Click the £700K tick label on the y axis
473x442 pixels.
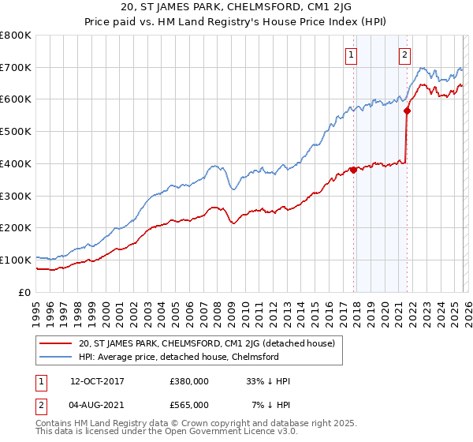pyautogui.click(x=16, y=67)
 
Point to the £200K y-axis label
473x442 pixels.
pyautogui.click(x=16, y=227)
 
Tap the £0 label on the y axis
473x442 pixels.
pyautogui.click(x=25, y=292)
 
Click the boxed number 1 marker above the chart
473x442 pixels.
pyautogui.click(x=350, y=54)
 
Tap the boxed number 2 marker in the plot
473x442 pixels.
pyautogui.click(x=404, y=54)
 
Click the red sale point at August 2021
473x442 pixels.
pyautogui.click(x=407, y=111)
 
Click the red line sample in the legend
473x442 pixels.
pyautogui.click(x=56, y=343)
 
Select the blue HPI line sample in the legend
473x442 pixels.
pyautogui.click(x=56, y=357)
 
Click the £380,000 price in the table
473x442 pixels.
pyautogui.click(x=188, y=381)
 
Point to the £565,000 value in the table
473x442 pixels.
pyautogui.click(x=188, y=404)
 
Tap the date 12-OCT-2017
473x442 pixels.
pyautogui.click(x=96, y=381)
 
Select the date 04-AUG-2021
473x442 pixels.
pyautogui.click(x=96, y=404)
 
